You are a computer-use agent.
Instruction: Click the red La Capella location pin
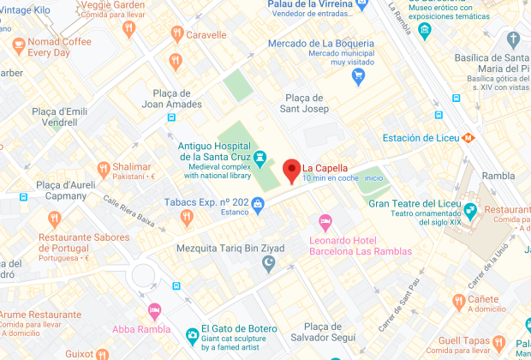point(291,169)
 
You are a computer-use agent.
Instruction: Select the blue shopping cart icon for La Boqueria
point(359,75)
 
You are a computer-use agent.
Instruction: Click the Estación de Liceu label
point(420,138)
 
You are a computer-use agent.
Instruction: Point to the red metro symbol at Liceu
point(468,137)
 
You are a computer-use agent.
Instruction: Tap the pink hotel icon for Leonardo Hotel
point(325,224)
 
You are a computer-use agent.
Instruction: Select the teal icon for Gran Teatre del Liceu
point(469,209)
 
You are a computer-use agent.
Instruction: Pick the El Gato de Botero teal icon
point(191,333)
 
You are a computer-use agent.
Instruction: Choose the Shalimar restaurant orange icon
point(103,169)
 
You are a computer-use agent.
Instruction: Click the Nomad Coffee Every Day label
point(59,46)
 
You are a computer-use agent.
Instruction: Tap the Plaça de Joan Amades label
point(171,99)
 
